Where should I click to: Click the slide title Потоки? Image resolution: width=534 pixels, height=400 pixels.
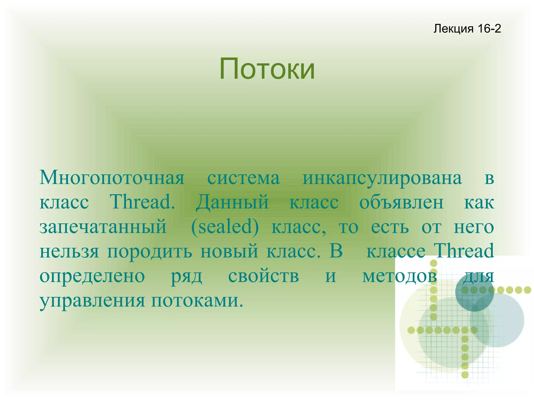267,69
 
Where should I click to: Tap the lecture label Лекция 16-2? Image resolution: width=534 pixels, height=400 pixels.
467,28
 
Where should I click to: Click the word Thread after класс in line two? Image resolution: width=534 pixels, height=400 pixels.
142,202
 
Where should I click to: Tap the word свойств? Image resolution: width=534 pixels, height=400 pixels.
263,276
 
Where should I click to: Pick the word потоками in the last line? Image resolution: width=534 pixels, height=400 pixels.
197,300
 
